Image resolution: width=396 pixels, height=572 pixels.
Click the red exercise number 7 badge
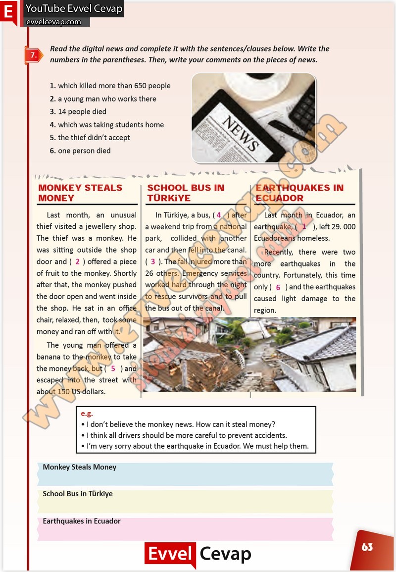coord(33,55)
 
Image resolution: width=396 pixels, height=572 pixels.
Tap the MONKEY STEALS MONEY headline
coord(80,193)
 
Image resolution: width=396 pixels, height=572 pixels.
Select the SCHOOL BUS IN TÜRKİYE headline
coord(186,193)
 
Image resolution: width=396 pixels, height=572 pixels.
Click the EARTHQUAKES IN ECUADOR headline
coord(299,193)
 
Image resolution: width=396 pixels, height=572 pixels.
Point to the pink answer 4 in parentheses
coord(219,215)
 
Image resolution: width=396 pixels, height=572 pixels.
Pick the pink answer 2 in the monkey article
coord(77,261)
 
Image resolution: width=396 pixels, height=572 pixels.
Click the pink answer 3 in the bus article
coord(153,261)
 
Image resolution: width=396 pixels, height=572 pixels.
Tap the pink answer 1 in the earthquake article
coord(304,227)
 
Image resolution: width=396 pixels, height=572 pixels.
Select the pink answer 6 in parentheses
coord(278,287)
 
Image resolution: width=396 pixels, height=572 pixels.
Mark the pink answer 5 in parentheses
coord(113,368)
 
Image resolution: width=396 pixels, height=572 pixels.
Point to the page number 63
coord(367,547)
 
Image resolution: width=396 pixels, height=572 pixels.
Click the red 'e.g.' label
coord(87,414)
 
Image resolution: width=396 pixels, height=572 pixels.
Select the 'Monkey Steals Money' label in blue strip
coord(80,467)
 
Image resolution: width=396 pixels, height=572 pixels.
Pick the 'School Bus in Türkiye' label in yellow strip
coord(78,494)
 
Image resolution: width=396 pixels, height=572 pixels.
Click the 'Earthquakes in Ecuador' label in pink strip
coord(82,521)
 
